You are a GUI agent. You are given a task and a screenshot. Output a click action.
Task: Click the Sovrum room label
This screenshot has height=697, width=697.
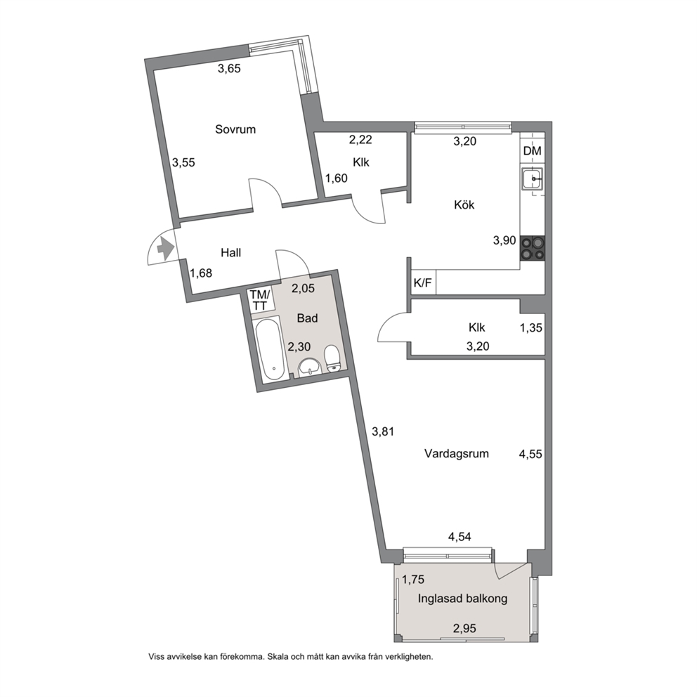click(x=235, y=129)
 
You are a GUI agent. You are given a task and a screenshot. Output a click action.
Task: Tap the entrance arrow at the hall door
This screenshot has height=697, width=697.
click(x=165, y=249)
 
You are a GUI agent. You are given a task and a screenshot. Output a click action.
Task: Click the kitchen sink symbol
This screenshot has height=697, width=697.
click(x=532, y=179)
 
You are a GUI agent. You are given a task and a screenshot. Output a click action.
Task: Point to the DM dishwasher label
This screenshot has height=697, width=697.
click(x=532, y=150)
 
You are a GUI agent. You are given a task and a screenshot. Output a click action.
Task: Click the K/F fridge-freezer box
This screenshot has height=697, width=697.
click(x=423, y=282)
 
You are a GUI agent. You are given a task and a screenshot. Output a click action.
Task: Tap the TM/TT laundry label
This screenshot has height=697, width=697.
click(x=259, y=300)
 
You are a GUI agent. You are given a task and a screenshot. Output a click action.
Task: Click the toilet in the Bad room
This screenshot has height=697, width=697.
click(x=332, y=358)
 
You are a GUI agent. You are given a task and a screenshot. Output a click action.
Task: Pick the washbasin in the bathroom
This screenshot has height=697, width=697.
click(x=309, y=367)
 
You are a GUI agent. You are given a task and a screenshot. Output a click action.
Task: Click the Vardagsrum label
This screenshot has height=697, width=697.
click(x=457, y=453)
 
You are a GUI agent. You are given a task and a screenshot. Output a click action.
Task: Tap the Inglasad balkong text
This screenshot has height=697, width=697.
click(x=462, y=599)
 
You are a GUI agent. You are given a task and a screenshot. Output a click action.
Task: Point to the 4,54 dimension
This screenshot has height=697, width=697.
click(x=460, y=537)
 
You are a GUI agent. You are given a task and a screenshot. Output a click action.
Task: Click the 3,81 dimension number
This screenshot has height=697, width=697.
click(x=383, y=431)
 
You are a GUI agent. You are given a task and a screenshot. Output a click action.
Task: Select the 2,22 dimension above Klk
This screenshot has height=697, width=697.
click(x=360, y=140)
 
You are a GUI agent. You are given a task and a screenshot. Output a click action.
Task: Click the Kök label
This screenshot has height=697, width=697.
click(x=464, y=205)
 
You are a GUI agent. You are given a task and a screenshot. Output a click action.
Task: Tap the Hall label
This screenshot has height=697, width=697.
click(x=231, y=252)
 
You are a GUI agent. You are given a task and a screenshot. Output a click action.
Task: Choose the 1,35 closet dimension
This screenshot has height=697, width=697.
click(x=531, y=327)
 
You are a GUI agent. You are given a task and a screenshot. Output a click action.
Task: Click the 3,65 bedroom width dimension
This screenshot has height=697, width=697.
click(x=229, y=68)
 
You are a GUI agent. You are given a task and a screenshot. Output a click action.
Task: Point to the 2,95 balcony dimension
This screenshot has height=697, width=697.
click(x=464, y=628)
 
